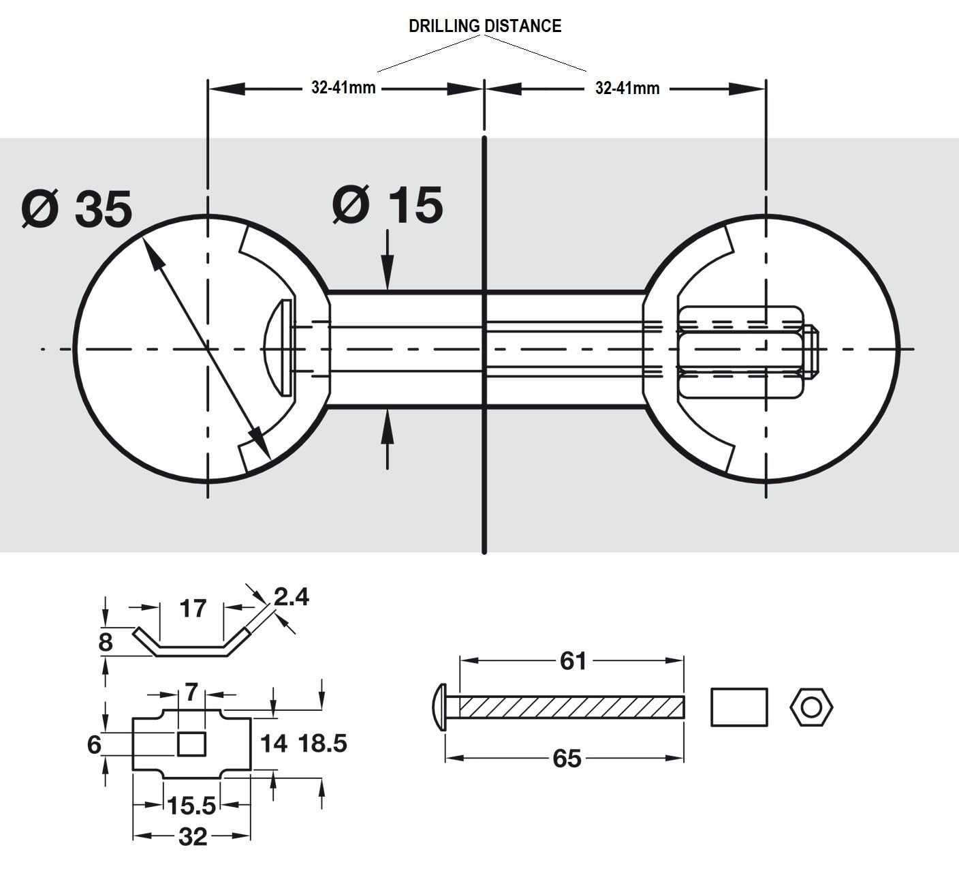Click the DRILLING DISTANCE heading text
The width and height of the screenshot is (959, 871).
(484, 26)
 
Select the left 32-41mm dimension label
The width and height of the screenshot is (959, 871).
(343, 88)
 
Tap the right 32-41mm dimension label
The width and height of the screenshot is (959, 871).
(627, 88)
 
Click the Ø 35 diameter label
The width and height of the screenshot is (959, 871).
(77, 208)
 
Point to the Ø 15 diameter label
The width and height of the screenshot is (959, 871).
(388, 204)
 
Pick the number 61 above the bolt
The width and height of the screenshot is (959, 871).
(573, 660)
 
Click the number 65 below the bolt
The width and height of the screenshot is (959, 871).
(567, 758)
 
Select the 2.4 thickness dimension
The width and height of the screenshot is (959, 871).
(292, 597)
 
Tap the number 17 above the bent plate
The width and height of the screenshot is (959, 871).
(193, 608)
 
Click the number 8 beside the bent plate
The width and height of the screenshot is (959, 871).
(105, 642)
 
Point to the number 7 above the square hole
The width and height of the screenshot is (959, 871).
(191, 693)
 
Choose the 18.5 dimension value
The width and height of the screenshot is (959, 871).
(323, 743)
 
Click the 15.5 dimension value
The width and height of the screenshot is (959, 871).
(191, 806)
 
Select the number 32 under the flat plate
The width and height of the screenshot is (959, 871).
(192, 836)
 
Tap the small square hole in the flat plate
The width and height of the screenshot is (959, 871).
(191, 744)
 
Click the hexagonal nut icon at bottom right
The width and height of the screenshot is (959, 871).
(811, 707)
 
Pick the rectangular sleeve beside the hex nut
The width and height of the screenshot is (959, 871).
(739, 707)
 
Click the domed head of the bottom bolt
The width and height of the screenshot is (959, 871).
(439, 707)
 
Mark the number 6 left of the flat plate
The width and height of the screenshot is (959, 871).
(94, 744)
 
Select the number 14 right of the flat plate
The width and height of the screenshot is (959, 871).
(274, 743)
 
